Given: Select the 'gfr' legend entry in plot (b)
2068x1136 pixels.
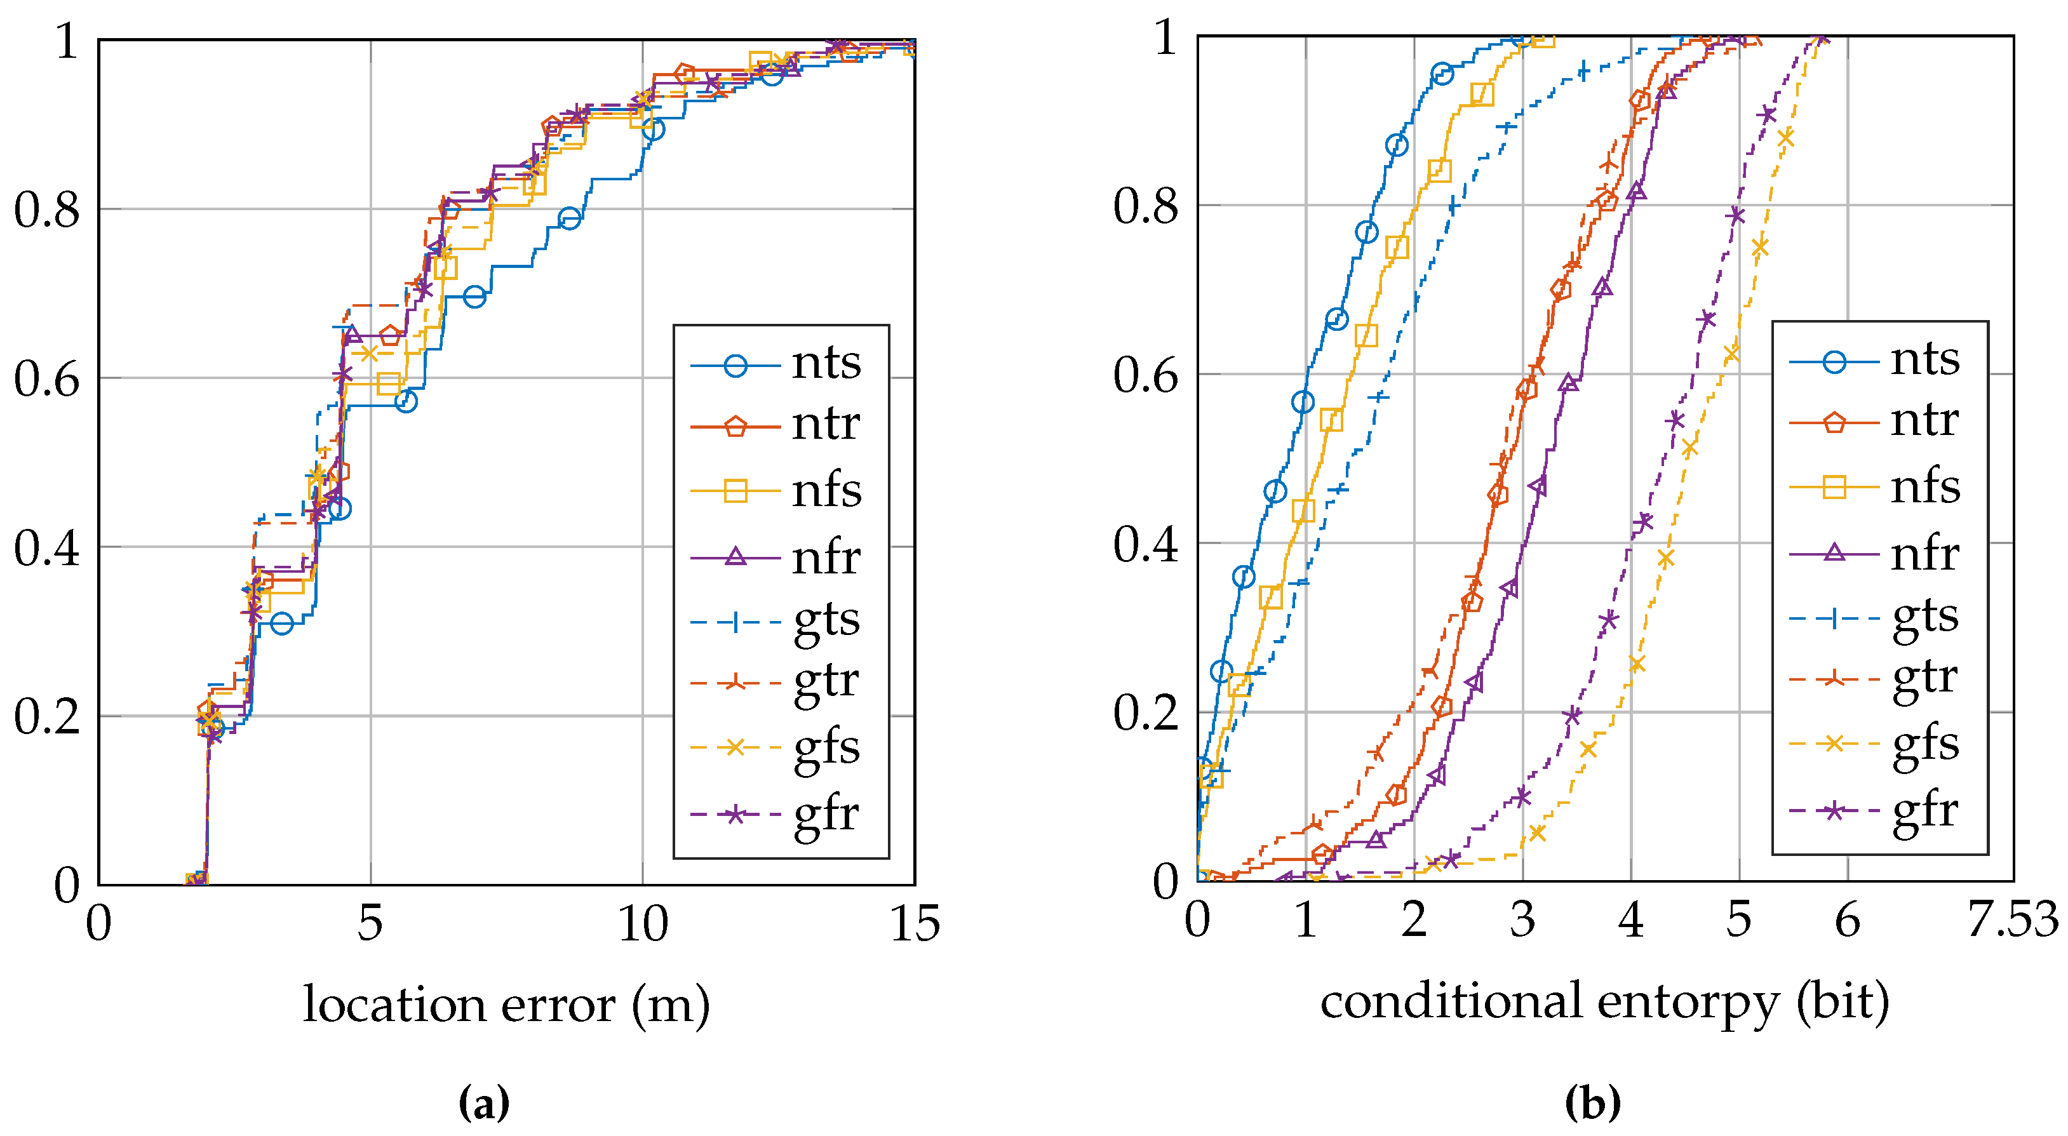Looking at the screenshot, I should [x=1924, y=811].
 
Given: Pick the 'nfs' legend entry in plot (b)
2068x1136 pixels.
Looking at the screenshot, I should [x=1925, y=486].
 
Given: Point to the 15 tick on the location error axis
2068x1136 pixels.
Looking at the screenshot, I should [x=915, y=924].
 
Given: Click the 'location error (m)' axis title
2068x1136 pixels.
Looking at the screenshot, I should [x=506, y=1005].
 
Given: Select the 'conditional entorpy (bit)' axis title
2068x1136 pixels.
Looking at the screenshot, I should [x=1604, y=1002].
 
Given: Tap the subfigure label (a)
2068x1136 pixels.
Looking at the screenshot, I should [x=483, y=1103].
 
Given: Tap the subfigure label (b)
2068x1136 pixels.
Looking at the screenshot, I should [x=1593, y=1103].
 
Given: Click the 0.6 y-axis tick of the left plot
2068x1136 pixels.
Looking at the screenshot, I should [x=46, y=378].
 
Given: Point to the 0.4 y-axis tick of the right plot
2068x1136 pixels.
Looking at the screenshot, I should [x=1146, y=544].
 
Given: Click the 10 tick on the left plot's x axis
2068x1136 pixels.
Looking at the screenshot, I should [x=642, y=924].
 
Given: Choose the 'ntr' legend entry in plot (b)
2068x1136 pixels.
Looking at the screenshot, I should [x=1924, y=420].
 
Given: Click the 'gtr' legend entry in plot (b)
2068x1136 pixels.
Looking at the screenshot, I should [x=1924, y=678].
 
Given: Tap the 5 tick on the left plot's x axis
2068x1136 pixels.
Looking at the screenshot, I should [x=370, y=924].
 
